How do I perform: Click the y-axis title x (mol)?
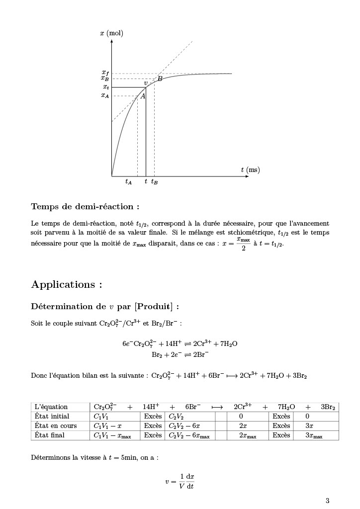(111, 33)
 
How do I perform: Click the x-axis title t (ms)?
(250, 170)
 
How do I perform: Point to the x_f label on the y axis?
(105, 73)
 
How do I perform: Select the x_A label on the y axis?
(105, 95)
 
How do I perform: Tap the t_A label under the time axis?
(129, 182)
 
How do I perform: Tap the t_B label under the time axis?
(155, 182)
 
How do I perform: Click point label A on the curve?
(143, 96)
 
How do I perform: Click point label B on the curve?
(160, 78)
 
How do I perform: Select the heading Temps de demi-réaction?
(85, 206)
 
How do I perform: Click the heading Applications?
(67, 284)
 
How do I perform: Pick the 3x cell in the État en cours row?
(309, 425)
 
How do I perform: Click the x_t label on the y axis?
(106, 87)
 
